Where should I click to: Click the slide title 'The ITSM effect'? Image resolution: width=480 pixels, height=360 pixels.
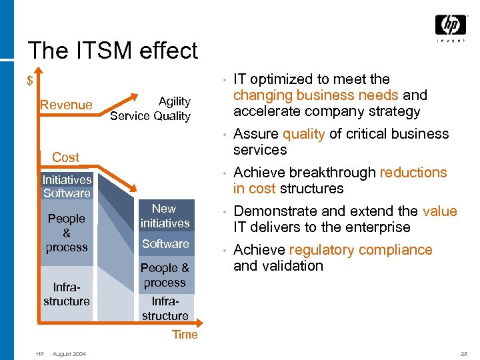pos(113,51)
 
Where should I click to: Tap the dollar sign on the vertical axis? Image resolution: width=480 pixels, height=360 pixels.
pos(30,81)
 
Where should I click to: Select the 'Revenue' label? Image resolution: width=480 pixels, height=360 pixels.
pos(66,105)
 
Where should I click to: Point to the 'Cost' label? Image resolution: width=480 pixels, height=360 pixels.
pos(65,157)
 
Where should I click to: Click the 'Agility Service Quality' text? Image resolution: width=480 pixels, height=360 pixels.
pos(151,109)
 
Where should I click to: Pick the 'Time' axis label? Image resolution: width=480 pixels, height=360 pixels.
pos(185,335)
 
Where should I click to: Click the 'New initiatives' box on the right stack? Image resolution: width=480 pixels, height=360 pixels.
pos(165,216)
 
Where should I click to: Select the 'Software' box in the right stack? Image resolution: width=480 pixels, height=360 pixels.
pos(165,244)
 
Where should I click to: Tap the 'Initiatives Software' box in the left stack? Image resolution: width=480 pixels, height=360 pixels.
pos(67,186)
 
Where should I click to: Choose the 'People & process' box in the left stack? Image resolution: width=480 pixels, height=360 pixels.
pos(67,233)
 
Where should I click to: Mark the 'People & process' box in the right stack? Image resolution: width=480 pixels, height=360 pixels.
pos(165,275)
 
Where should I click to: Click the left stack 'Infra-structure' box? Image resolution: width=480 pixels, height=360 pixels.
pos(67,294)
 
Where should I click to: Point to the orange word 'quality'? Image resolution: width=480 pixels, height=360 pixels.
pos(303,134)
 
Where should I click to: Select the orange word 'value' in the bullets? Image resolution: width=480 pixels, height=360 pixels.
pos(439,211)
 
